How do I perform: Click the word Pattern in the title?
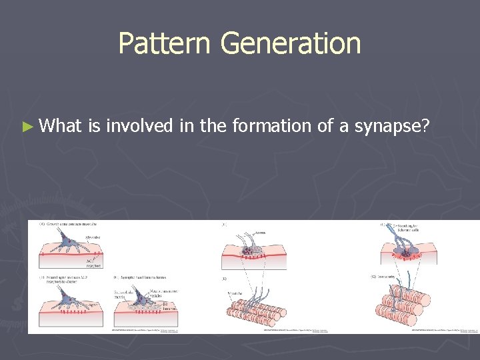coord(163,44)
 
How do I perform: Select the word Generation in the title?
coord(290,44)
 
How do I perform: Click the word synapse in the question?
coord(391,126)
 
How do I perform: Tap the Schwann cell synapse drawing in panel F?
coord(406,249)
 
